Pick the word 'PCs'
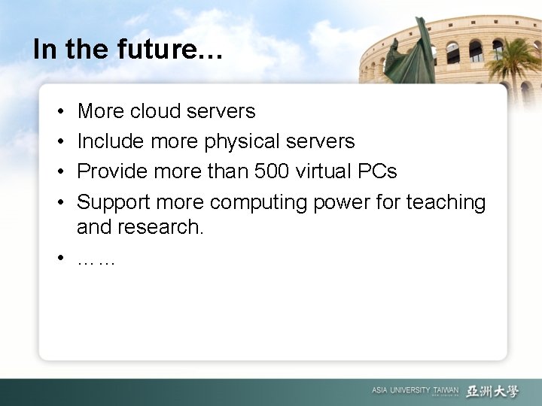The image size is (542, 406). pyautogui.click(x=379, y=171)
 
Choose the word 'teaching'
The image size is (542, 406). pyautogui.click(x=446, y=202)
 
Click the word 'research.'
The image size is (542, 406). pyautogui.click(x=160, y=225)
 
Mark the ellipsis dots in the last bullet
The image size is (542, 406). pyautogui.click(x=96, y=260)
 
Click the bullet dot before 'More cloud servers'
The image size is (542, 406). pyautogui.click(x=59, y=112)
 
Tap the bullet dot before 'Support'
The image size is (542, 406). pyautogui.click(x=59, y=202)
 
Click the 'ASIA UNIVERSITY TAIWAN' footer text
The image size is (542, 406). pyautogui.click(x=414, y=390)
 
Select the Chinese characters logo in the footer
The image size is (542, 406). pyautogui.click(x=492, y=390)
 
